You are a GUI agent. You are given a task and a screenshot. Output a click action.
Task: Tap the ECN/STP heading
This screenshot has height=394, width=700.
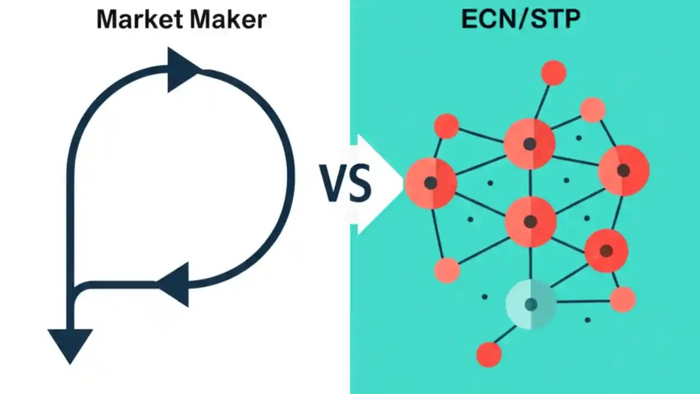click(521, 19)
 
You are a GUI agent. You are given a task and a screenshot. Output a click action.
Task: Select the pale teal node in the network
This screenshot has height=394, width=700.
click(530, 304)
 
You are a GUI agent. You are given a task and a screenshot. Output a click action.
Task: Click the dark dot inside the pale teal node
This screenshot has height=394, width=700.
click(530, 304)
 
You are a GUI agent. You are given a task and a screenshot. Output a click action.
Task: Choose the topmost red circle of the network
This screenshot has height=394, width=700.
click(553, 73)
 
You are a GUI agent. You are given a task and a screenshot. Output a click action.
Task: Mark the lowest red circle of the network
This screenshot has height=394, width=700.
click(489, 354)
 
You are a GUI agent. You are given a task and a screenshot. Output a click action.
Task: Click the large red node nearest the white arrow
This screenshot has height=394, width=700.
click(431, 183)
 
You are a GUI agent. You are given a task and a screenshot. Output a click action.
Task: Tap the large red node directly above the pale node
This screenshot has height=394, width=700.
click(530, 222)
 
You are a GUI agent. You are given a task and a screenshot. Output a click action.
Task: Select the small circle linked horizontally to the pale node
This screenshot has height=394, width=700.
click(622, 300)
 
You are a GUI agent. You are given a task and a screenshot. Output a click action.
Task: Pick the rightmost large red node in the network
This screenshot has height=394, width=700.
click(623, 170)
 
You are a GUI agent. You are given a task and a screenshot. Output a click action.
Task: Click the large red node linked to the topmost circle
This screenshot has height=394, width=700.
click(529, 144)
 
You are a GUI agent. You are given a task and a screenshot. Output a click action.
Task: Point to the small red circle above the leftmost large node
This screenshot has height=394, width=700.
click(446, 126)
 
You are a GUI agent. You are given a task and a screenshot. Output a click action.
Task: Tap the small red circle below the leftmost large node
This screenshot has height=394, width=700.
click(447, 270)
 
